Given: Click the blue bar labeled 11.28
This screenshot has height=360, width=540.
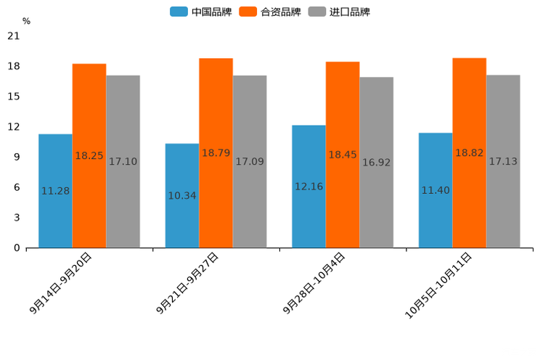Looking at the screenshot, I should click(x=55, y=190).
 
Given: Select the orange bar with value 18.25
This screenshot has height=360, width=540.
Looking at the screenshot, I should click(x=89, y=155).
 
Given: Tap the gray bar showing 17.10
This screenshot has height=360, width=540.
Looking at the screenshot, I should click(x=123, y=161).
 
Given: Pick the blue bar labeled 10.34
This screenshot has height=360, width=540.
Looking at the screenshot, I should click(x=182, y=195).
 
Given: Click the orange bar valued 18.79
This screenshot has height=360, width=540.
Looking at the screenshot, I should click(x=216, y=152).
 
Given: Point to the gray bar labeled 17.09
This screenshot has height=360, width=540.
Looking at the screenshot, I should click(x=250, y=161).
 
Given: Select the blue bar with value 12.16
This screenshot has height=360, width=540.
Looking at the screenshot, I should click(x=308, y=186).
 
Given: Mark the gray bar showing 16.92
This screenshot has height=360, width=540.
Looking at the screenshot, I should click(x=376, y=162).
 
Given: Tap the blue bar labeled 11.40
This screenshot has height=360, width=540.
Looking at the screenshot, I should click(x=435, y=190).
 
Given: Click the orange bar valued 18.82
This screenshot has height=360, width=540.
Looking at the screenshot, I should click(x=469, y=152).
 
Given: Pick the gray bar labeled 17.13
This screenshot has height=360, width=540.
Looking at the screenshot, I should click(x=503, y=161).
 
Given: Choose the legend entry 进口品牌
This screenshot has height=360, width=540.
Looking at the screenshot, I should click(x=339, y=12).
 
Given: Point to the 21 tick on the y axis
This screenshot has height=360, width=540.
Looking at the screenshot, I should click(x=14, y=36).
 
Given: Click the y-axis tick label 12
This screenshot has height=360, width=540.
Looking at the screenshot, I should click(x=14, y=127).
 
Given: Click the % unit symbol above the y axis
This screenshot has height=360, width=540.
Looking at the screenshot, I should click(x=26, y=22).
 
